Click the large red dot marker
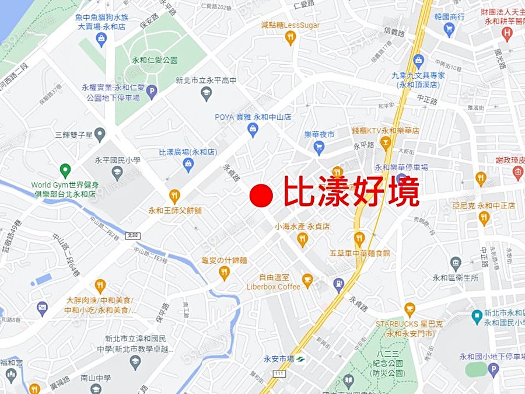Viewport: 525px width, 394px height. point(261,196)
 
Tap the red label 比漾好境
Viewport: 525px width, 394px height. point(351,192)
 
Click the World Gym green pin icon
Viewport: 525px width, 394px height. point(65,170)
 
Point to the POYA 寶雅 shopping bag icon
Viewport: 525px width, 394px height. point(253,129)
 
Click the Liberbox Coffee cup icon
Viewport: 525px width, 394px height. point(307,280)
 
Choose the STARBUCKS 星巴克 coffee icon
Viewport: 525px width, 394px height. point(409,309)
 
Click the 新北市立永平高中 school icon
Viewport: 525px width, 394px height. point(206,93)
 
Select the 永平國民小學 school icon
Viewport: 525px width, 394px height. point(117,172)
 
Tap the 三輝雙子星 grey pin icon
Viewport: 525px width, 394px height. point(100,134)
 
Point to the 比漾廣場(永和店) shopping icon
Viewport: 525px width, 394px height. point(188,165)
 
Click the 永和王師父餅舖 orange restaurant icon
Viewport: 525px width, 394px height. point(174,196)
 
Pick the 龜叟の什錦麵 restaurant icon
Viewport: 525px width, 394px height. point(225,272)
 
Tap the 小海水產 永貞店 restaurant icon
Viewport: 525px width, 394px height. point(302,238)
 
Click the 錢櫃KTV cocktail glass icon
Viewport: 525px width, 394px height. point(385,142)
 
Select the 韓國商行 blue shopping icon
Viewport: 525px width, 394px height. point(449,29)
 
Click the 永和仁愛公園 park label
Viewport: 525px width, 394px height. point(155,60)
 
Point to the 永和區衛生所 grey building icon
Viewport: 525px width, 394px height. point(456,263)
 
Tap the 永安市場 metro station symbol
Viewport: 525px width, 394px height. point(300,358)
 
